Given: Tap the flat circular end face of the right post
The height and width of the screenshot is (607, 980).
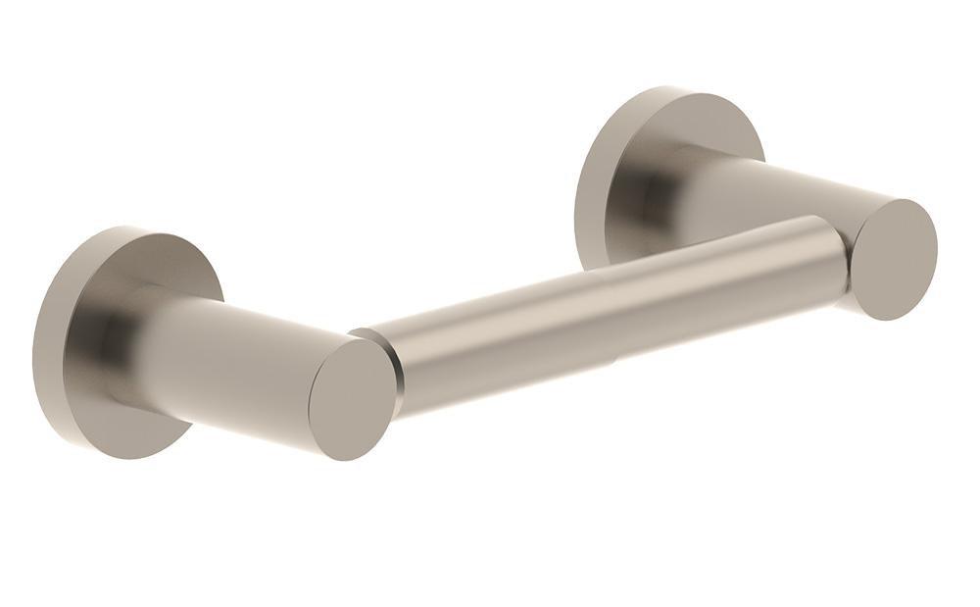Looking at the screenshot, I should click(x=895, y=259).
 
